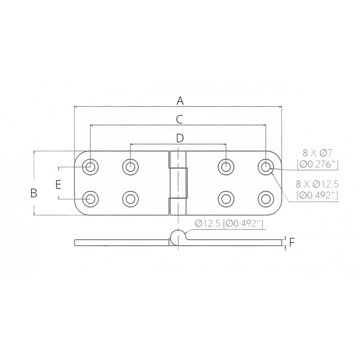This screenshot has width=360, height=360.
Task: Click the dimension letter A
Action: point(180,100)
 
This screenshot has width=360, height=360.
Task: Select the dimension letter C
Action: point(179,119)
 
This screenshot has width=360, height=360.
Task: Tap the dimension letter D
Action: point(179,138)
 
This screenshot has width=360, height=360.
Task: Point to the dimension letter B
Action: point(33,193)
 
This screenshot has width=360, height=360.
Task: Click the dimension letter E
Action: point(58,184)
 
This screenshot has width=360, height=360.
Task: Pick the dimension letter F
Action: point(292,243)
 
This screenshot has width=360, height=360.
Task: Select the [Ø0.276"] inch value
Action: point(317,165)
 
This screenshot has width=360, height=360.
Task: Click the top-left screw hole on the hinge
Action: point(90,166)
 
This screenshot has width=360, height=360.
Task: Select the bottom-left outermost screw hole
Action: point(90,198)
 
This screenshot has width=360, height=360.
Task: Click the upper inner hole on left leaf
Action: point(130,166)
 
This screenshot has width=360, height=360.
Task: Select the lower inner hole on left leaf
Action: point(130,198)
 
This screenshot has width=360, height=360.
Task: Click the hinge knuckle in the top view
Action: point(178,182)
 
